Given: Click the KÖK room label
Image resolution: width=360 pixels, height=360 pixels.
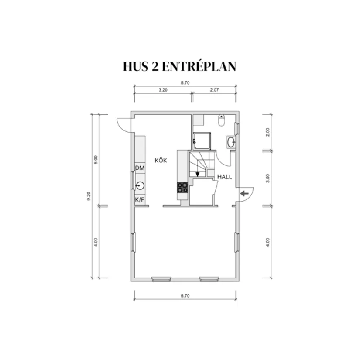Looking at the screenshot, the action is click(x=161, y=160).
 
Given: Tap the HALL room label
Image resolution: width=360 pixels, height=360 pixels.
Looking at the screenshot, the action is click(x=225, y=177).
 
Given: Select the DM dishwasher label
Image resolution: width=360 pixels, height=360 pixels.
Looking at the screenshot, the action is click(x=140, y=168).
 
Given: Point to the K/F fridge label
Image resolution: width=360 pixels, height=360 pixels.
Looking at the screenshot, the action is click(x=140, y=200).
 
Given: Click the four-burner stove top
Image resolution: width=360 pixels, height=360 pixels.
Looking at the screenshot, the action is click(x=182, y=187).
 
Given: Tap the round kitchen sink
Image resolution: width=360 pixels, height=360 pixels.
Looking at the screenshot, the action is click(x=140, y=185).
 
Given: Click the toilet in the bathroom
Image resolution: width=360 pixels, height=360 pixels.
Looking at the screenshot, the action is click(x=221, y=120).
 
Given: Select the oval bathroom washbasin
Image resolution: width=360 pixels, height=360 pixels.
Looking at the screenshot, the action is click(x=231, y=142).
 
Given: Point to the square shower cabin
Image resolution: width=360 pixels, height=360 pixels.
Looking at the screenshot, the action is click(x=202, y=141).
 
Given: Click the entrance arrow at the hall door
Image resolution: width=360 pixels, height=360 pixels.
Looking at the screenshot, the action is click(x=244, y=194).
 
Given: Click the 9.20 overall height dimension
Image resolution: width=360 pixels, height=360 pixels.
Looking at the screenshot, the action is click(x=89, y=196).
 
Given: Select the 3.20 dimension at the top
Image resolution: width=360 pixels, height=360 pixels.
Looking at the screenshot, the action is click(x=163, y=90).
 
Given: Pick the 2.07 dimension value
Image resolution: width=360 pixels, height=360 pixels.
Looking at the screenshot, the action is click(x=214, y=90).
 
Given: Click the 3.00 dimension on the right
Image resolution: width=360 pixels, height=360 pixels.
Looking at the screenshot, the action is click(x=267, y=178).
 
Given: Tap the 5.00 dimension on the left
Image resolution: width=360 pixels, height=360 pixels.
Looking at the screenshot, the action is click(x=96, y=160).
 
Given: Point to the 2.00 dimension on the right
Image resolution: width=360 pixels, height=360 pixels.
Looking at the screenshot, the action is click(x=267, y=132).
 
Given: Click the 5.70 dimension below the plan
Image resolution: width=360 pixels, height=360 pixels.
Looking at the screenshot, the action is click(x=185, y=296).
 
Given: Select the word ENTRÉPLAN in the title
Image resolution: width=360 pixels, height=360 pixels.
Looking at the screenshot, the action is click(x=199, y=66).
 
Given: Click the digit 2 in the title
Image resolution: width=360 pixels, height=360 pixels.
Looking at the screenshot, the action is click(x=155, y=66).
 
